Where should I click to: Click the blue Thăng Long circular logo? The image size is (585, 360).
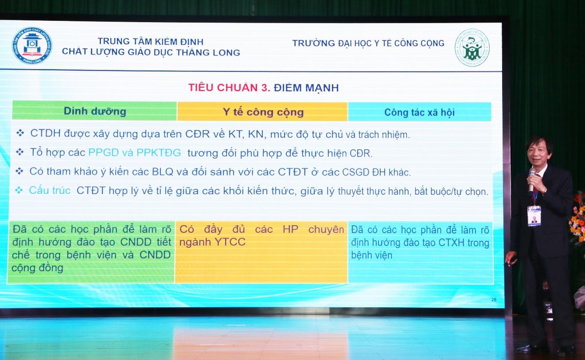coord(32,46)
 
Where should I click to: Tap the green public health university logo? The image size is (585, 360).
coord(472,47)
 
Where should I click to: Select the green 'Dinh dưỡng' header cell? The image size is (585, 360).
coord(94,111)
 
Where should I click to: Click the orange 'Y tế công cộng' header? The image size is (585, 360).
coord(263,112)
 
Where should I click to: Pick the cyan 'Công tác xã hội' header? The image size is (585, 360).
coord(419,112)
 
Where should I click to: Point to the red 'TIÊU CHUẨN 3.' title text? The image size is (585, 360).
coord(229,87)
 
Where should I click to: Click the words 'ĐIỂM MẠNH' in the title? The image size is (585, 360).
coord(306,88)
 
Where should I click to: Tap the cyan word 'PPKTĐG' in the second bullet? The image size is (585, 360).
coord(159,153)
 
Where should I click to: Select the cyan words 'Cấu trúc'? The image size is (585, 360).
coord(50,190)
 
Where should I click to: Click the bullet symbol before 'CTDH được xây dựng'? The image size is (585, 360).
coord(20,133)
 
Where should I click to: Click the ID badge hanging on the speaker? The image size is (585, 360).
coord(534,216)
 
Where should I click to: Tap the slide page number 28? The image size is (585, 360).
coord(494,300)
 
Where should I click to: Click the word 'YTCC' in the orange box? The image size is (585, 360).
coord(230,242)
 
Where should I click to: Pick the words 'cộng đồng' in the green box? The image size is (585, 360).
coord(37,268)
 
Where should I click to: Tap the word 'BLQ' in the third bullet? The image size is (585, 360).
coord(163,172)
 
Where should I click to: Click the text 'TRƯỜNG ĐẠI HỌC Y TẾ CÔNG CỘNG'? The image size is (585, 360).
coord(368,43)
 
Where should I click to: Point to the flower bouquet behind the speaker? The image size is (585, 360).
coord(578,217)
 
